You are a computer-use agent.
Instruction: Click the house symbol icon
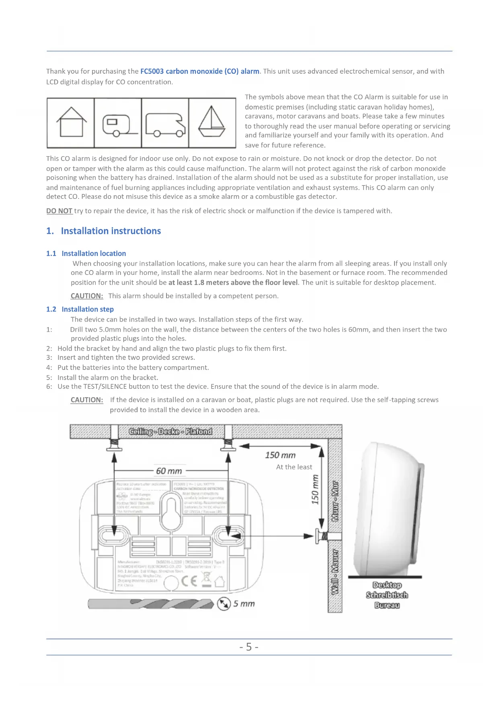(71, 122)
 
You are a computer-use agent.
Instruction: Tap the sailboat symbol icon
(212, 122)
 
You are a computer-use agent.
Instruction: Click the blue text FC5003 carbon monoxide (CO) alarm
(199, 71)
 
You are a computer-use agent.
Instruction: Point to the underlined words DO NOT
(59, 211)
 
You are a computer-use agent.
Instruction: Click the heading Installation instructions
(111, 231)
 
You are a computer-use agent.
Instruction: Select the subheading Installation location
(93, 254)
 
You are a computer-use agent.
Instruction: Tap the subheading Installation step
(87, 309)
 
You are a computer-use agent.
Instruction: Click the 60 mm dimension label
(169, 471)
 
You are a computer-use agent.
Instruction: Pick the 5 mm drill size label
(244, 604)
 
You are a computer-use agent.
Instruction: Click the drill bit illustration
(151, 604)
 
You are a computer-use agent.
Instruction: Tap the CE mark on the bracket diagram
(189, 581)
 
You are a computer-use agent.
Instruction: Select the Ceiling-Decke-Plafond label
(170, 431)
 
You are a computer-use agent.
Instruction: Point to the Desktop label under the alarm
(387, 585)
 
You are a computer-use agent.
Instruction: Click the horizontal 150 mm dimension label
(280, 455)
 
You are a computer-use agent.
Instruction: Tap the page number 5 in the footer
(249, 647)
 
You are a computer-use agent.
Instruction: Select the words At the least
(294, 467)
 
